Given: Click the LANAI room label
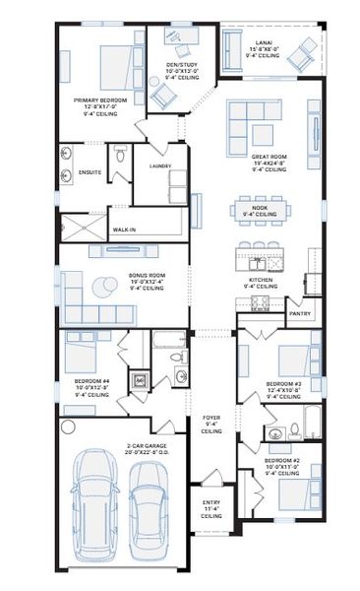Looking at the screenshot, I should click(x=263, y=42).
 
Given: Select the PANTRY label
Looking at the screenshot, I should click(x=300, y=314).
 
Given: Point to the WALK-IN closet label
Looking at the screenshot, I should click(x=125, y=230).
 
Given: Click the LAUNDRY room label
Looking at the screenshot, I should click(x=160, y=166).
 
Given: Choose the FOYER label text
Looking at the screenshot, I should click(x=210, y=418).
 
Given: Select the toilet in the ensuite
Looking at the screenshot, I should click(x=119, y=155).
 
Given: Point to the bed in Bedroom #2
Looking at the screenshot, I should click(x=294, y=490).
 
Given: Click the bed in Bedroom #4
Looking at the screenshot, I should click(x=82, y=351).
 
